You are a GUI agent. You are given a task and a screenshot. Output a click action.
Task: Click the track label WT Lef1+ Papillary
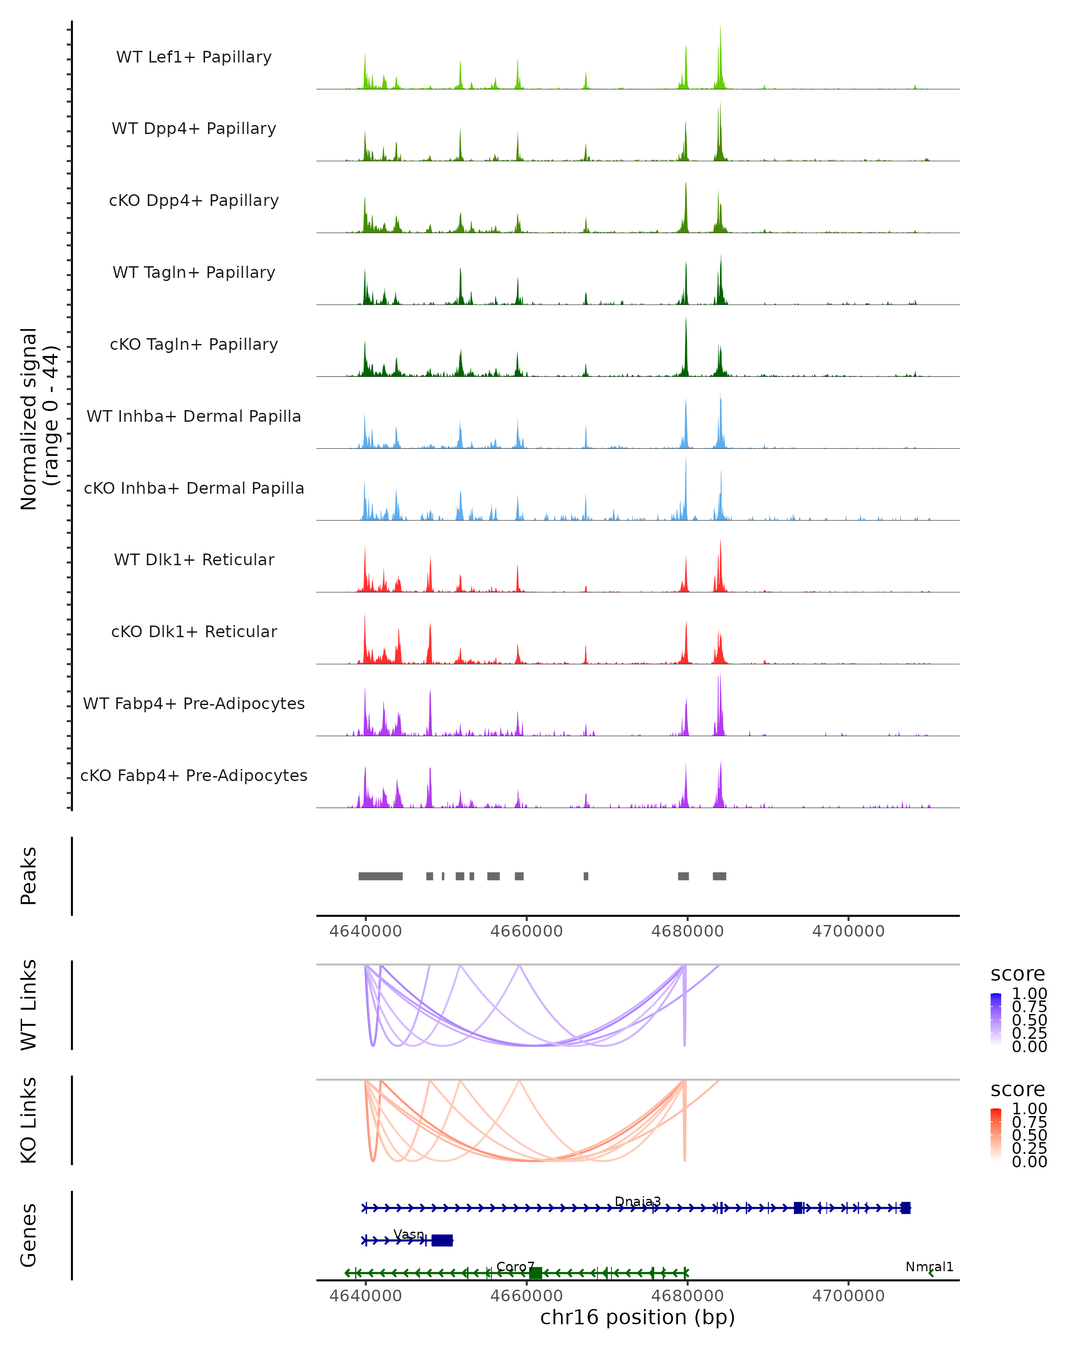pyautogui.click(x=194, y=57)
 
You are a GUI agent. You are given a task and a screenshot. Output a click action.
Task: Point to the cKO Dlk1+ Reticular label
pyautogui.click(x=194, y=631)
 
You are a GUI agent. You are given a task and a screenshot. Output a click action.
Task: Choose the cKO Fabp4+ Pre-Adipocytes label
pyautogui.click(x=194, y=775)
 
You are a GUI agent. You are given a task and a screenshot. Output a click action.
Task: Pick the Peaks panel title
pyautogui.click(x=29, y=876)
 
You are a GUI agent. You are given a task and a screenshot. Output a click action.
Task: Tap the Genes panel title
pyautogui.click(x=29, y=1235)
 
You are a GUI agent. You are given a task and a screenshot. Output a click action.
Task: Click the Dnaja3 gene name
pyautogui.click(x=638, y=1202)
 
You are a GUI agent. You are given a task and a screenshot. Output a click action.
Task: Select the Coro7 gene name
pyautogui.click(x=515, y=1266)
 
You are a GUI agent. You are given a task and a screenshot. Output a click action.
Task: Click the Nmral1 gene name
pyautogui.click(x=929, y=1266)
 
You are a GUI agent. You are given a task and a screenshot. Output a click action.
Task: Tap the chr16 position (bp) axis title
pyautogui.click(x=638, y=1317)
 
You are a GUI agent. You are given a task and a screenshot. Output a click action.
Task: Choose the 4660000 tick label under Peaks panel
pyautogui.click(x=526, y=931)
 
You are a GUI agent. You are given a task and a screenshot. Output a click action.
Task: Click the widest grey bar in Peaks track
pyautogui.click(x=380, y=876)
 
